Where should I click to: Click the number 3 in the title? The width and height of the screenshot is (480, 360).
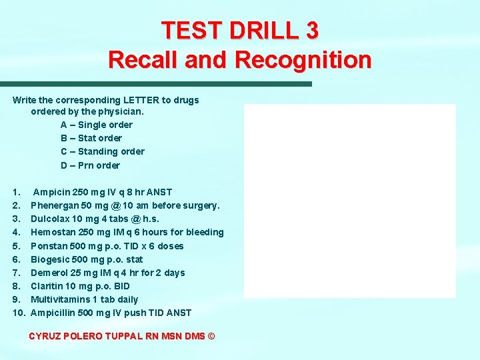(310, 30)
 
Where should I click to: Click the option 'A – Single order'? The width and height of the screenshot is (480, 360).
(97, 125)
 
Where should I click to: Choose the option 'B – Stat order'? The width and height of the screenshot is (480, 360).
(91, 138)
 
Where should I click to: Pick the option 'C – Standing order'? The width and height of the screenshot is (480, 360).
(103, 151)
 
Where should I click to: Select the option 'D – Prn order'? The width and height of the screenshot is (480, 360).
(90, 165)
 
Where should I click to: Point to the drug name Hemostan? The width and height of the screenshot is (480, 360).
(51, 232)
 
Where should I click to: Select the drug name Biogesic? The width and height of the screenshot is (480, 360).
(49, 259)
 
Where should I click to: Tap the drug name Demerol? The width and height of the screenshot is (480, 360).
(48, 273)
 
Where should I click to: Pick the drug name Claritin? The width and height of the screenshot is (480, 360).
(47, 286)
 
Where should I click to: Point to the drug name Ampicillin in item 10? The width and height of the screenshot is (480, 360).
(53, 313)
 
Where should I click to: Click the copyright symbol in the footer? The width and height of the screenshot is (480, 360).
(211, 337)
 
